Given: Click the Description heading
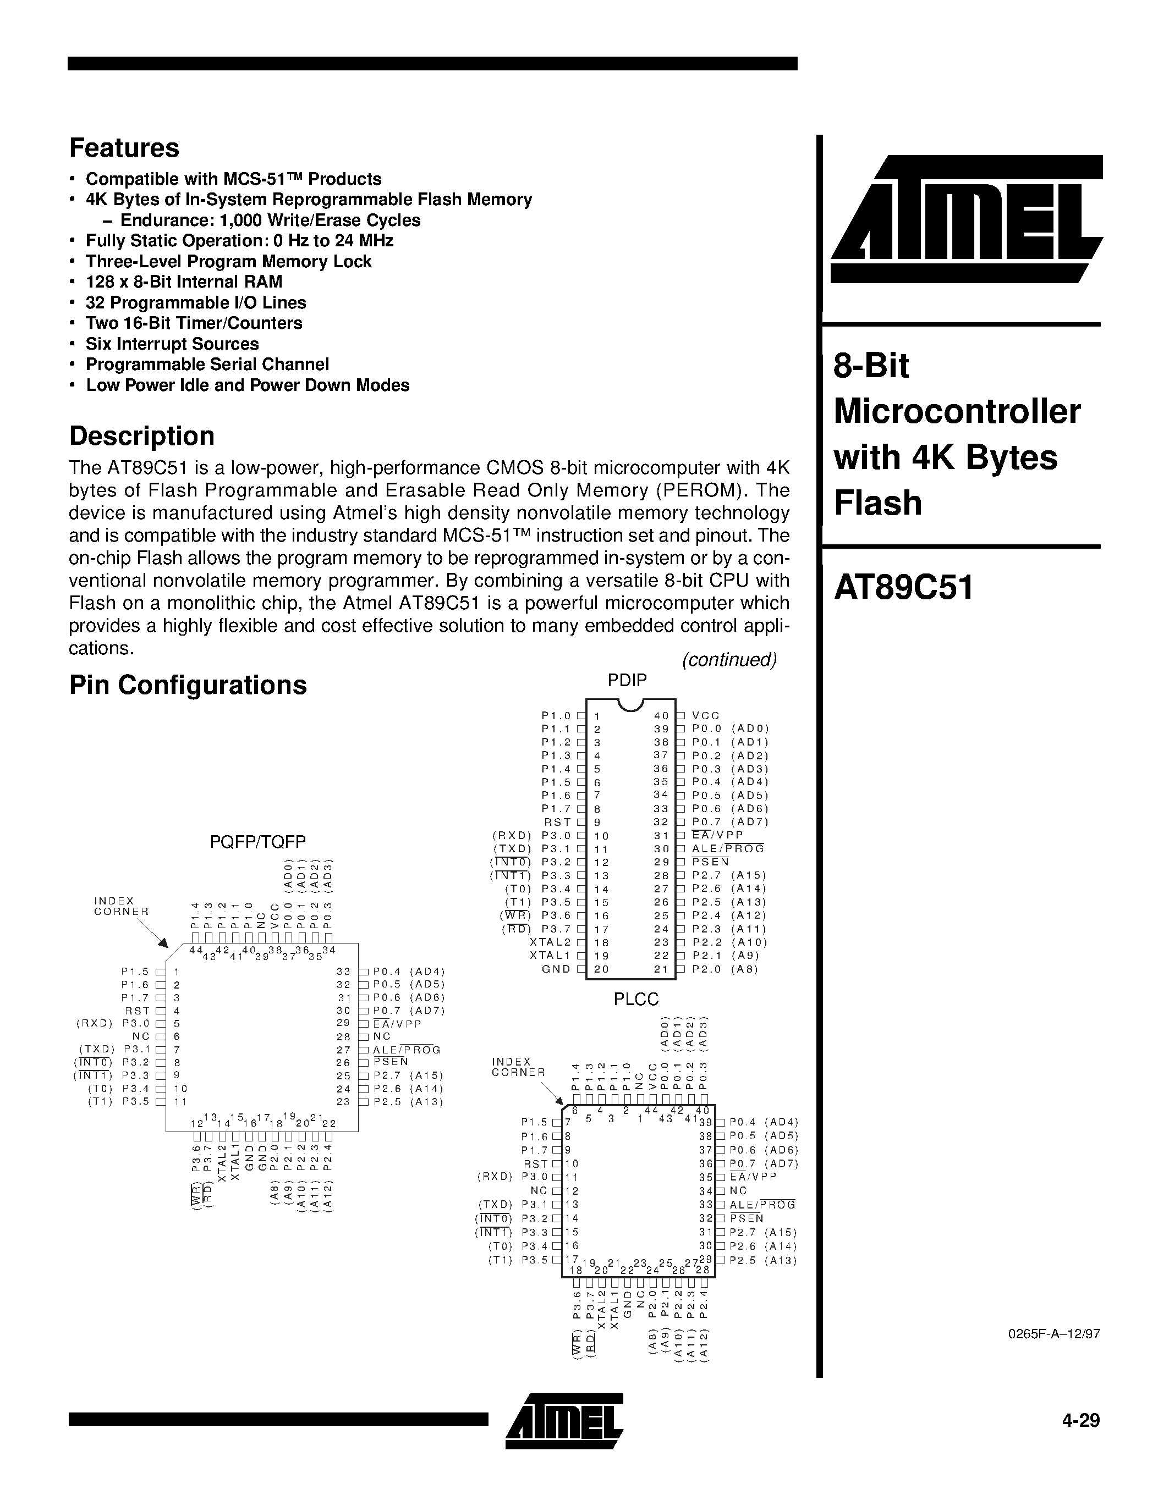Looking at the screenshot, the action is pos(141,436).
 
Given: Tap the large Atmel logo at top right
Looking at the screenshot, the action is pos(967,219).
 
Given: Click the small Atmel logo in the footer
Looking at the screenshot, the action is pos(564,1419).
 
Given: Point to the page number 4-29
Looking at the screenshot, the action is pos(1080,1420).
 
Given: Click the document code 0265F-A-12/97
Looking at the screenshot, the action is pos(1054,1334).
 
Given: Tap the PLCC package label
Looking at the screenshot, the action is pos(636,999).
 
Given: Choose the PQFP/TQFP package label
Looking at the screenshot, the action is pos(257,842).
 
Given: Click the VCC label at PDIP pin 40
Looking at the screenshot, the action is pos(706,716).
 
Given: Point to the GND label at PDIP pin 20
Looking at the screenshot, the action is pos(556,969).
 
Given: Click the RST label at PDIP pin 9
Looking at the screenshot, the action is pos(557,823).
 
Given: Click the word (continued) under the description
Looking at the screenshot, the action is pos(729,660).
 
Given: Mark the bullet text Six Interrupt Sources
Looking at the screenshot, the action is pos(172,344).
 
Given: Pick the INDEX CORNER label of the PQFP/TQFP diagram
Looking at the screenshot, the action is pos(121,906).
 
